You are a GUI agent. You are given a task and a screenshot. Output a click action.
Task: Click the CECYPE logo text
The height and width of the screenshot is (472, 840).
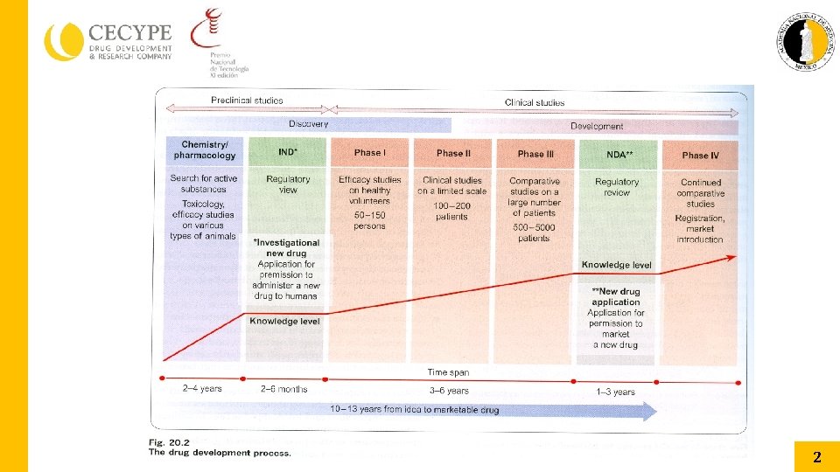[x=129, y=33]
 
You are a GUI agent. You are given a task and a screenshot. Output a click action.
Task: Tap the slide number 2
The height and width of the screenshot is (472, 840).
[x=816, y=456]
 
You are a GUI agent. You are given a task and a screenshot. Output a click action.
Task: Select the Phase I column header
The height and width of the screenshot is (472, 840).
[x=369, y=153]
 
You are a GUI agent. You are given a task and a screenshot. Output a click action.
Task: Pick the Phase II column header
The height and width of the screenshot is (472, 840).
[x=453, y=153]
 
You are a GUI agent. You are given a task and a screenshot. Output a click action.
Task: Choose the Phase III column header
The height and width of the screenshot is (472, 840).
[x=535, y=154]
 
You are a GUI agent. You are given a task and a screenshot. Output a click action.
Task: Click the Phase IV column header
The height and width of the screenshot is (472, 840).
[x=700, y=156]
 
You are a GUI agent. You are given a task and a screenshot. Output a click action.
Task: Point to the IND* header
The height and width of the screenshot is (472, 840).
[x=288, y=152]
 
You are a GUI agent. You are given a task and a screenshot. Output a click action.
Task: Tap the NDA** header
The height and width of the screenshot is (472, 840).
[x=619, y=154]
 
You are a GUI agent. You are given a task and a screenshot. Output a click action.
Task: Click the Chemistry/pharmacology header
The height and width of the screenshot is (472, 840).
[x=205, y=150]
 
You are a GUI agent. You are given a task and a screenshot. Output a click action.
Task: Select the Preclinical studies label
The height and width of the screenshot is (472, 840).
[x=247, y=101]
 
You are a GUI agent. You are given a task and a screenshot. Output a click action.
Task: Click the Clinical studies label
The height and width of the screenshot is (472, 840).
[x=535, y=102]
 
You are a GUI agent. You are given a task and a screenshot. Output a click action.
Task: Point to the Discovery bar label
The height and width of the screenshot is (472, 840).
[x=308, y=124]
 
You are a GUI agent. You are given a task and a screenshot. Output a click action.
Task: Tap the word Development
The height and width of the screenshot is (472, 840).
[x=597, y=127]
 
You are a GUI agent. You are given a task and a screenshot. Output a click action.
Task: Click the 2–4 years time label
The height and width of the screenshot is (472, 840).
[x=202, y=388]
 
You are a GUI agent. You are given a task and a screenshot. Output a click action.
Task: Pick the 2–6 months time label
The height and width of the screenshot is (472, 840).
[x=284, y=389]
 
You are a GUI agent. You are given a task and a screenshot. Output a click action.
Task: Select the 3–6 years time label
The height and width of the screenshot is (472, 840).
[x=449, y=391]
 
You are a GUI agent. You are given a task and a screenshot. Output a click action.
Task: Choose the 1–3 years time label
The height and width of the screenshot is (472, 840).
[x=615, y=392]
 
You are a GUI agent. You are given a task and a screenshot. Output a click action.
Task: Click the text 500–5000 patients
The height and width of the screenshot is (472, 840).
[x=534, y=232]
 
